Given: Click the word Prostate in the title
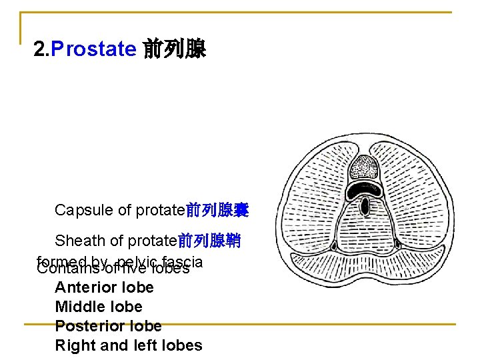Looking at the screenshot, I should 93,49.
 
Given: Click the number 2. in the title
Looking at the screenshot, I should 41,49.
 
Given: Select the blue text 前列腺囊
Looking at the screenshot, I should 217,211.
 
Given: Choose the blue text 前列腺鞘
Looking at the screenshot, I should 209,240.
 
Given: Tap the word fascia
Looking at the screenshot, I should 180,262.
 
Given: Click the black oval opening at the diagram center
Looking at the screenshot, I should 365,207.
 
